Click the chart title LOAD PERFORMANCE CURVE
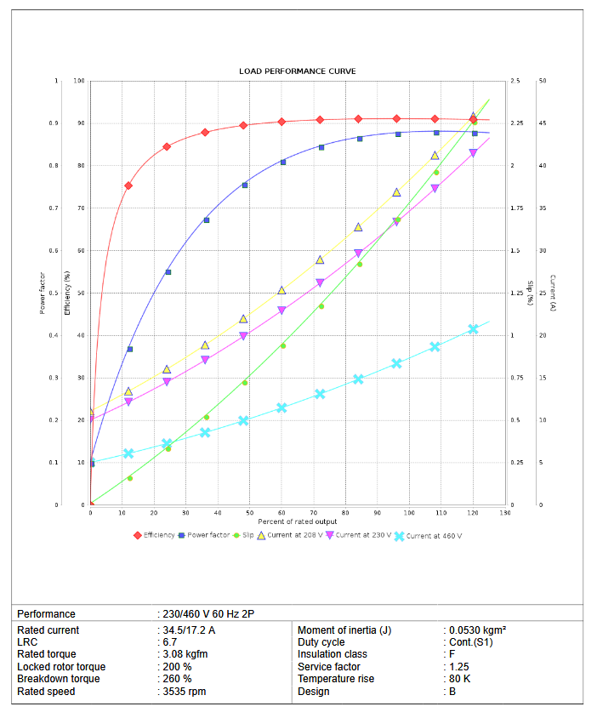pyautogui.click(x=298, y=71)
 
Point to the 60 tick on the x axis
pyautogui.click(x=281, y=513)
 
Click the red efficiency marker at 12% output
pyautogui.click(x=128, y=185)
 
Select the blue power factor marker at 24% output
pyautogui.click(x=168, y=272)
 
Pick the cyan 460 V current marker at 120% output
pyautogui.click(x=473, y=329)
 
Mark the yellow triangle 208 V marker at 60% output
pyautogui.click(x=281, y=291)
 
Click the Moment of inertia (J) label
pyautogui.click(x=344, y=630)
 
